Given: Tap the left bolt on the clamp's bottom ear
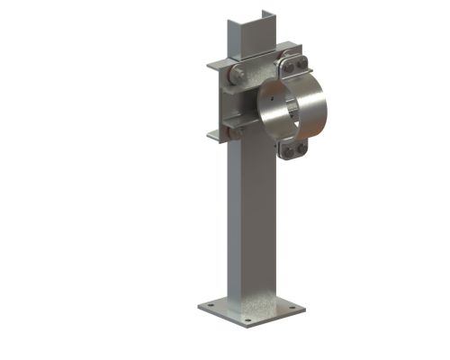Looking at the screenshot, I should [x=288, y=151].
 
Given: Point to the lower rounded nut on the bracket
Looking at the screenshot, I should [x=237, y=132].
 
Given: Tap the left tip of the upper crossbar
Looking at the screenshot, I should [x=208, y=66].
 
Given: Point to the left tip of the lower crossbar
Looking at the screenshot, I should [x=208, y=138].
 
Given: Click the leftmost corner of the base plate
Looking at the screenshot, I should [x=198, y=308].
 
